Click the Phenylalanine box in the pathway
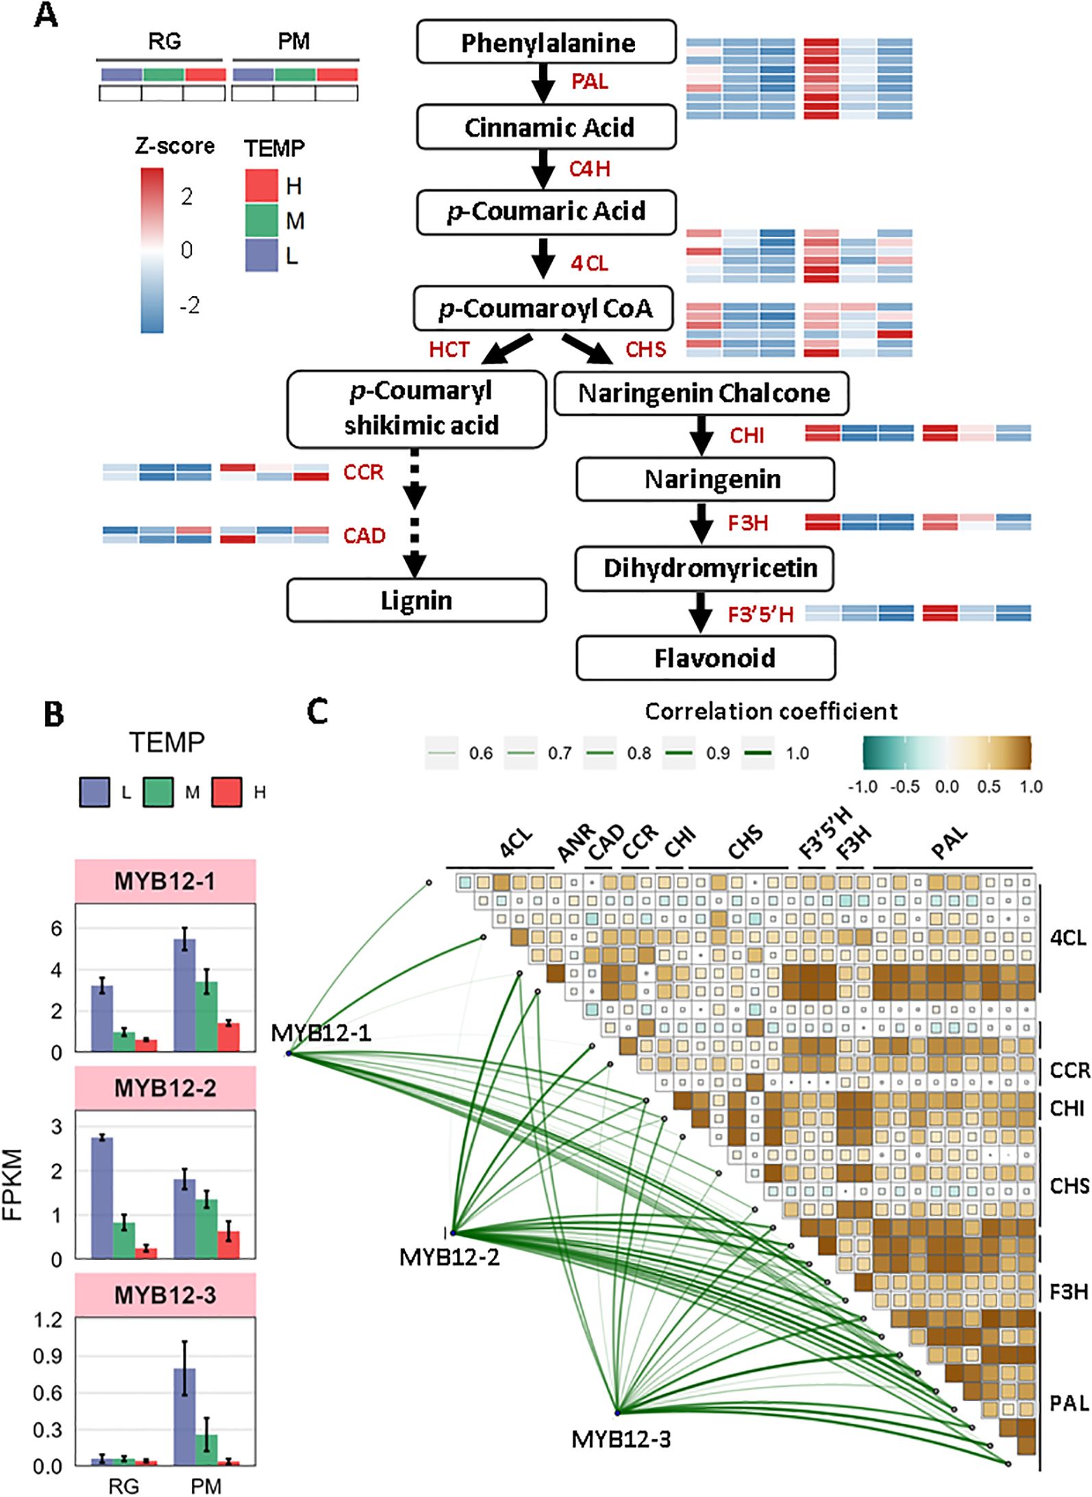[546, 42]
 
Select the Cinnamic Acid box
[546, 127]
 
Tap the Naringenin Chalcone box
[701, 393]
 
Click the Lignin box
[416, 601]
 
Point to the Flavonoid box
[706, 658]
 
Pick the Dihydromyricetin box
[704, 568]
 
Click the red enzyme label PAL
[589, 81]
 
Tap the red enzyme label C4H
[589, 168]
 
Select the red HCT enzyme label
[449, 349]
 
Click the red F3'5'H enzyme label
[760, 614]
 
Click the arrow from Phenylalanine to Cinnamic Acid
[544, 84]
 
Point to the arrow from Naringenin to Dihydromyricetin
[701, 523]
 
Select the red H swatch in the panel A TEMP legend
[261, 186]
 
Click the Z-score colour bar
[152, 250]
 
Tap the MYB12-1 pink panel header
[165, 881]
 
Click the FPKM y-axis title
[13, 1194]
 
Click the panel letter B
[53, 715]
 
